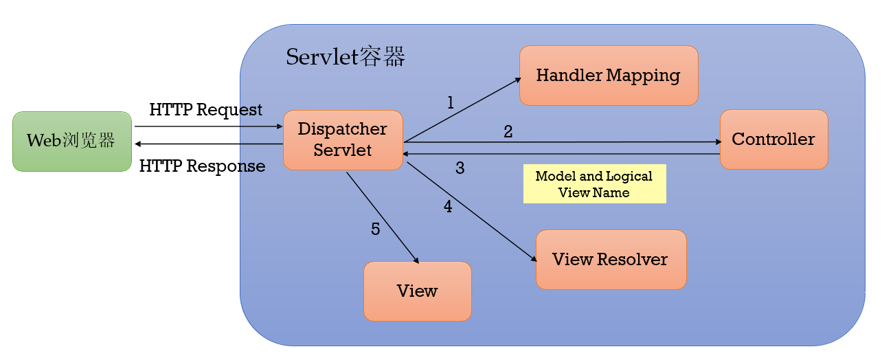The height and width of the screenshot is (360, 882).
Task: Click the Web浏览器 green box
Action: (x=71, y=141)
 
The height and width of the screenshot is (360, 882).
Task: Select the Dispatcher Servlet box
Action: (x=342, y=139)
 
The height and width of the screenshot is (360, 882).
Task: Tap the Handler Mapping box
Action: (x=608, y=76)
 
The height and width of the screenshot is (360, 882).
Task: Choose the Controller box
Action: (x=773, y=139)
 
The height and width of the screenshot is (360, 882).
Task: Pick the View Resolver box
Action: (x=610, y=260)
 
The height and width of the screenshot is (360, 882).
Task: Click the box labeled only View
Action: (x=417, y=291)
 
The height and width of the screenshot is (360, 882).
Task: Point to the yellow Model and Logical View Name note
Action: (x=594, y=184)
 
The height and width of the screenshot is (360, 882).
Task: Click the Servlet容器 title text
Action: (x=345, y=57)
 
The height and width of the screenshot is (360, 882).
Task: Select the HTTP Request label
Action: (x=205, y=110)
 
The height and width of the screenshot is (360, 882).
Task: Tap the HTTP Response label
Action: (x=202, y=166)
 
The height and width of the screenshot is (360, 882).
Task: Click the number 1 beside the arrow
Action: (x=451, y=103)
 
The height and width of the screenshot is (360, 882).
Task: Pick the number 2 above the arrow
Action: (x=508, y=131)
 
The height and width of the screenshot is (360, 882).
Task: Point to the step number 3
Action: (x=460, y=168)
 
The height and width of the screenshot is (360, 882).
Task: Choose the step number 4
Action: (x=448, y=206)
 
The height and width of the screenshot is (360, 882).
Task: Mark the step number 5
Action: (x=375, y=229)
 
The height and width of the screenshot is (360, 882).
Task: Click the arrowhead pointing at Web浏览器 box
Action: (x=137, y=144)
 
